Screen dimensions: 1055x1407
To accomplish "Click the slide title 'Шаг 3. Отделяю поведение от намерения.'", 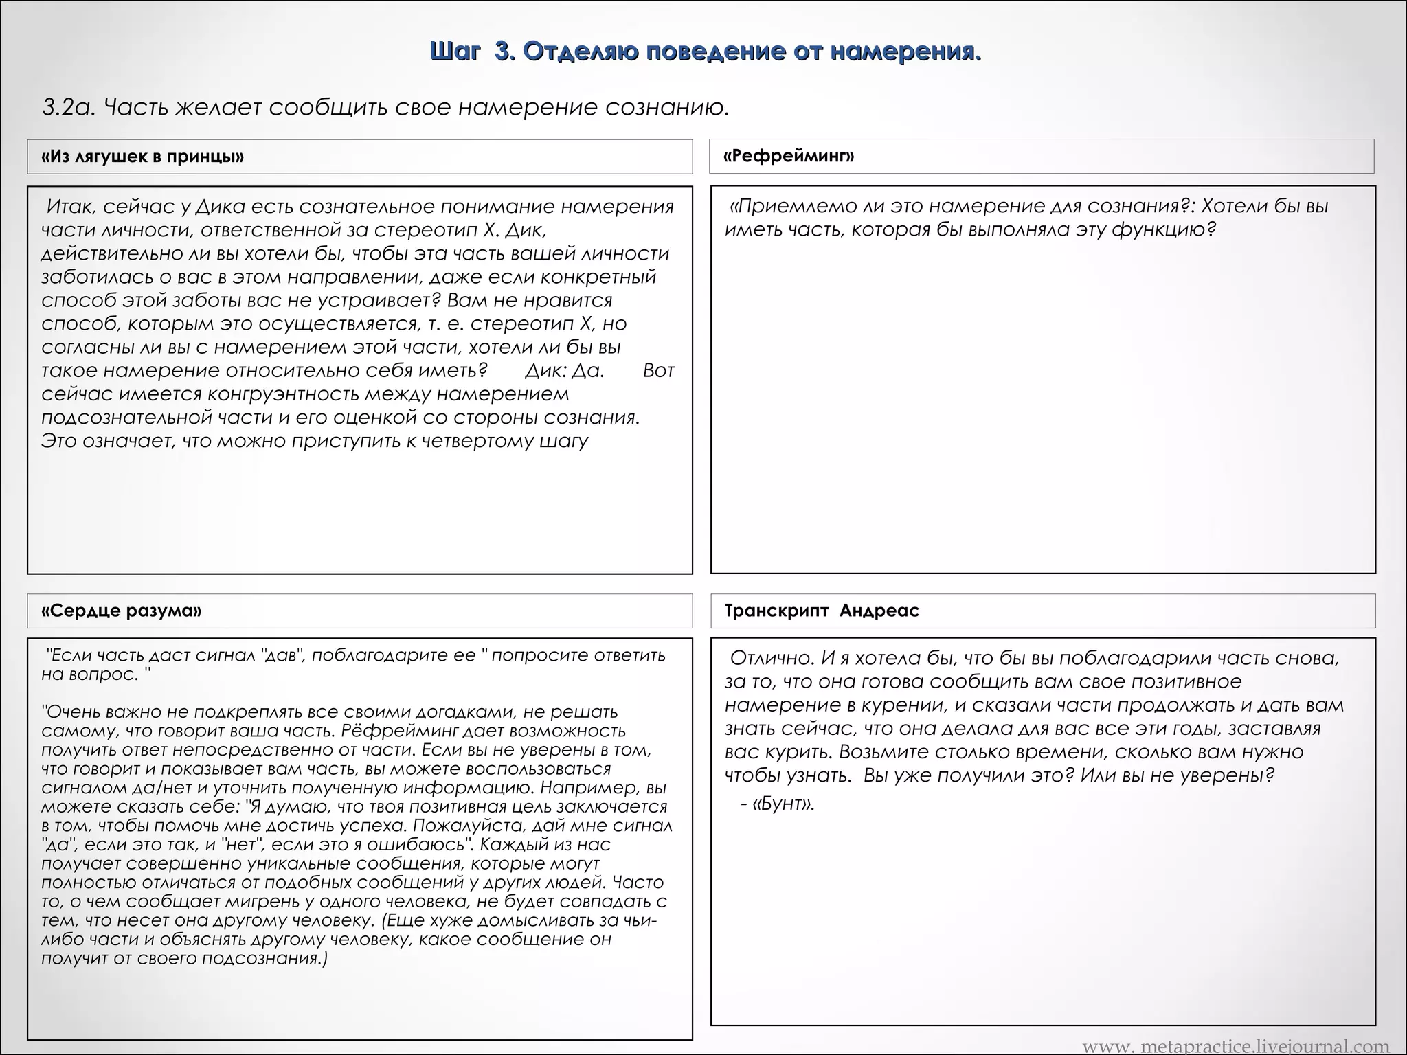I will pos(705,52).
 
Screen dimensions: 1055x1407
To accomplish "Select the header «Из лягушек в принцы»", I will pos(142,157).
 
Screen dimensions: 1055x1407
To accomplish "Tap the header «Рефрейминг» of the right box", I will pos(789,156).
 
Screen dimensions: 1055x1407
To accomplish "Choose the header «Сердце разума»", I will pos(122,611).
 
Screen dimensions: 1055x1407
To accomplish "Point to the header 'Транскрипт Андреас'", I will pos(822,611).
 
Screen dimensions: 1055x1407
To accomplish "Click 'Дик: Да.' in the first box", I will pos(564,371).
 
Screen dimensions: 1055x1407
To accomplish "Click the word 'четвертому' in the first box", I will pos(479,441).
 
